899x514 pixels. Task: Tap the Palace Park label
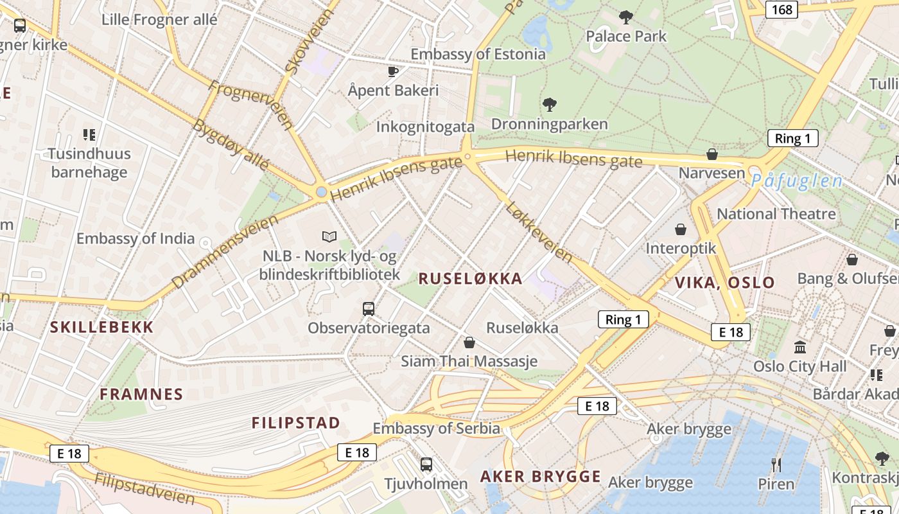(x=626, y=36)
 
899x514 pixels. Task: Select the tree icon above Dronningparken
(x=549, y=104)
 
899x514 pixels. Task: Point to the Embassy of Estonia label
(x=478, y=54)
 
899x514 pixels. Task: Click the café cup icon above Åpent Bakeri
(x=393, y=71)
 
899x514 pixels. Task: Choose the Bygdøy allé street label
(x=231, y=144)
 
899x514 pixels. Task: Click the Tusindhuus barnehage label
(x=89, y=163)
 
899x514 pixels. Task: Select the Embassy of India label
(x=135, y=238)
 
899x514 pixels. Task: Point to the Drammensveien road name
(x=225, y=251)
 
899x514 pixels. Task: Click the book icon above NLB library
(x=329, y=237)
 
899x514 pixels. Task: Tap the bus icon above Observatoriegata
(x=369, y=309)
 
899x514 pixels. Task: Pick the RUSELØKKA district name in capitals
(x=470, y=278)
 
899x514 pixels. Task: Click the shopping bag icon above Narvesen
(x=711, y=154)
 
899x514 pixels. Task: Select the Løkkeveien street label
(x=538, y=232)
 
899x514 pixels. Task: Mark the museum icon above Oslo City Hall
(x=800, y=347)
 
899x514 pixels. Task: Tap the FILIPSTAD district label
(x=295, y=423)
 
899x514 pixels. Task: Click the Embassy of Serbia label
(x=436, y=428)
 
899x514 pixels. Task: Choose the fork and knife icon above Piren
(x=776, y=465)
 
